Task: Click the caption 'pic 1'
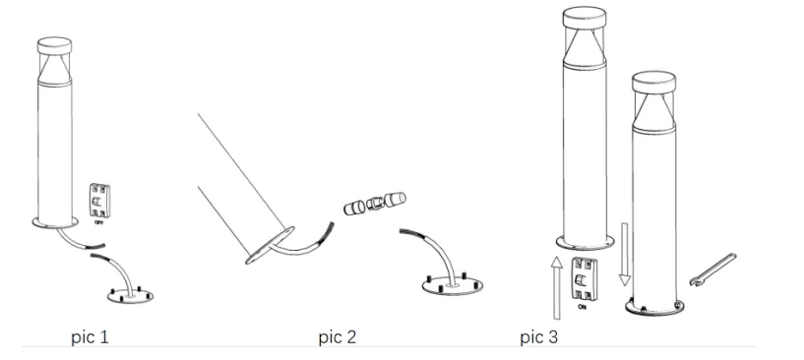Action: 90,338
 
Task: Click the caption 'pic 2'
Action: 337,338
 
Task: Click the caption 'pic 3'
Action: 540,338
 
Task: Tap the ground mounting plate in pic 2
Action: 453,284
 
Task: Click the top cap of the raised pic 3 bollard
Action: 588,19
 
